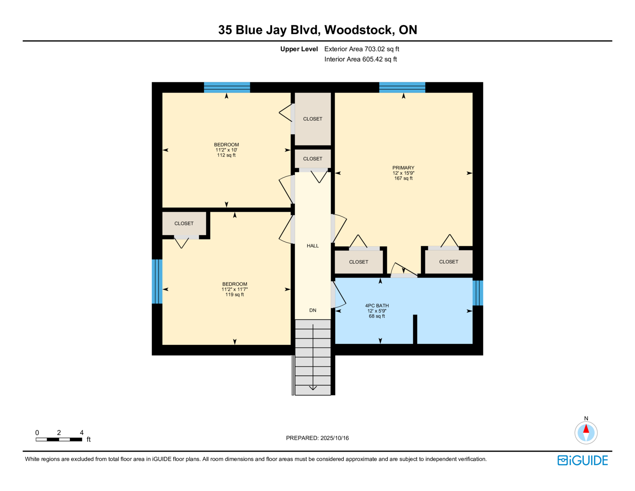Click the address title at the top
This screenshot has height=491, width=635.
tap(317, 30)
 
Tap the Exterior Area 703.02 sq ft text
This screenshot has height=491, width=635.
tap(362, 49)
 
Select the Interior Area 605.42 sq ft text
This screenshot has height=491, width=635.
tap(360, 59)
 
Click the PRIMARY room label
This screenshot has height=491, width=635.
tap(403, 168)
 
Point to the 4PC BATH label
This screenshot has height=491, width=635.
tap(377, 305)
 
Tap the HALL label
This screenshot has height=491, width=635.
tap(313, 246)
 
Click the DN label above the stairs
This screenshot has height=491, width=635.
tap(313, 310)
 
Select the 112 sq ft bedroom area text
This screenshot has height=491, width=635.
tap(226, 155)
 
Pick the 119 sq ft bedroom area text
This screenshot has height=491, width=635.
tap(235, 295)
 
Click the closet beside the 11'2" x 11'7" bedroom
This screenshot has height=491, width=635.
tap(184, 224)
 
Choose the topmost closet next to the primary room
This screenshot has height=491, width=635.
tap(313, 119)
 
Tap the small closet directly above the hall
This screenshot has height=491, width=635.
tap(313, 159)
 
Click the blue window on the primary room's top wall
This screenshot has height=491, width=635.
tap(402, 87)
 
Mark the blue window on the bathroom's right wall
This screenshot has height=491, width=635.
tap(478, 293)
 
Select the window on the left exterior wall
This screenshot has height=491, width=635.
tap(157, 281)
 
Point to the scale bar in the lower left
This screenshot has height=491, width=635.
tap(59, 439)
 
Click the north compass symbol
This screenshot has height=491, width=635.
tap(586, 432)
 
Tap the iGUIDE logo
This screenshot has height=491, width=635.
tap(583, 460)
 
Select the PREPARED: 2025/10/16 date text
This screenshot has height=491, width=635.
tap(317, 438)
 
